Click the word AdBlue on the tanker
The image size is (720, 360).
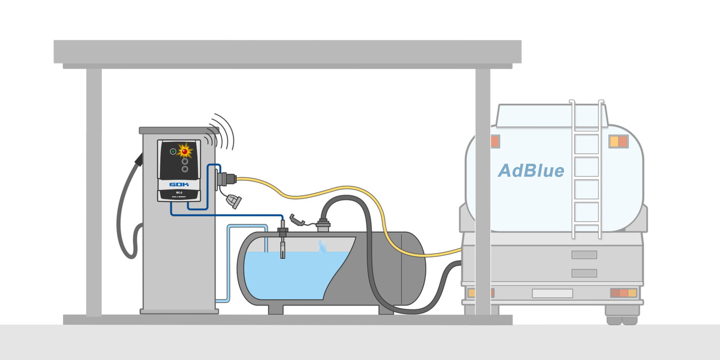point(531,170)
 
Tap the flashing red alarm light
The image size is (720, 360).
point(184,151)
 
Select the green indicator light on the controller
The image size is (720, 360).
point(173,151)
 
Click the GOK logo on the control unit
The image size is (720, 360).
point(179,184)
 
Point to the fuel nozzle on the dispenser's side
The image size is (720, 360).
point(137,161)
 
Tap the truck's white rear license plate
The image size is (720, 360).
point(552,293)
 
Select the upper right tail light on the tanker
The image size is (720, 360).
point(618,141)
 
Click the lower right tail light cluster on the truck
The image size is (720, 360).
point(624,292)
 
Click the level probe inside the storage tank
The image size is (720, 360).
point(282,245)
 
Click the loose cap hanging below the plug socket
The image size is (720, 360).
point(233,200)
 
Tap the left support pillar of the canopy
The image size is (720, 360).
point(93,191)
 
